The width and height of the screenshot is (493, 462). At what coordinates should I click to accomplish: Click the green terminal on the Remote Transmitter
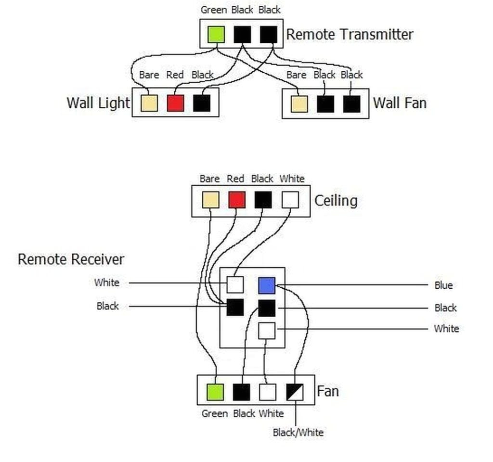tap(216, 34)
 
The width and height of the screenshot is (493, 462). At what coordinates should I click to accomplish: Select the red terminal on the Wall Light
tap(175, 103)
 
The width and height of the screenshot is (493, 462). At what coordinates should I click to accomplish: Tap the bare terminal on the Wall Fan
tap(299, 103)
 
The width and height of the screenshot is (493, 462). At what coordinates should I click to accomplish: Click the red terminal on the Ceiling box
tap(237, 200)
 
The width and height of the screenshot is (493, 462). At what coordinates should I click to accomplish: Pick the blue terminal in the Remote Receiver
tap(266, 285)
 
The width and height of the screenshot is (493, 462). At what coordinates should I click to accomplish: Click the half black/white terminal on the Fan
tap(295, 392)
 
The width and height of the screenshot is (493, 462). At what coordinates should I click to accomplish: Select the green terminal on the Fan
tap(215, 392)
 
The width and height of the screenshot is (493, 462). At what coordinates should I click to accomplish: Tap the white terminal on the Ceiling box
tap(290, 200)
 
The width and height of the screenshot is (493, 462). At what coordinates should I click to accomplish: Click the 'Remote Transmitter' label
tap(350, 35)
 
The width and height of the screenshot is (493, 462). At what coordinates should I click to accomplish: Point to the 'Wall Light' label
tap(98, 103)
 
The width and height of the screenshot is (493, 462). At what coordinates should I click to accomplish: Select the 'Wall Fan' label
tap(400, 103)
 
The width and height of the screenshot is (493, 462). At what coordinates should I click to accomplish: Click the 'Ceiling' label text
tap(336, 200)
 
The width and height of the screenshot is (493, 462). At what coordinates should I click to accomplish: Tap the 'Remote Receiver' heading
tap(71, 259)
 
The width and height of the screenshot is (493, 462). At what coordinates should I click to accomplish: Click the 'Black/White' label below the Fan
tap(298, 432)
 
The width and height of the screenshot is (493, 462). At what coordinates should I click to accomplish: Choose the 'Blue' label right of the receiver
tap(443, 285)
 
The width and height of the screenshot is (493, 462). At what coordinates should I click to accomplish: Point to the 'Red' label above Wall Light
tap(175, 75)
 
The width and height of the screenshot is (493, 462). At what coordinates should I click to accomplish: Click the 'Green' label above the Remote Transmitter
tap(214, 10)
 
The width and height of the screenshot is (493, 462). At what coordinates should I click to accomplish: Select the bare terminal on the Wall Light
tap(149, 103)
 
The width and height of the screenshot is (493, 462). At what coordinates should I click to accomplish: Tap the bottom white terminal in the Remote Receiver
tap(267, 331)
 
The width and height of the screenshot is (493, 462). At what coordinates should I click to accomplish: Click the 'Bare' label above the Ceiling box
tap(209, 179)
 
